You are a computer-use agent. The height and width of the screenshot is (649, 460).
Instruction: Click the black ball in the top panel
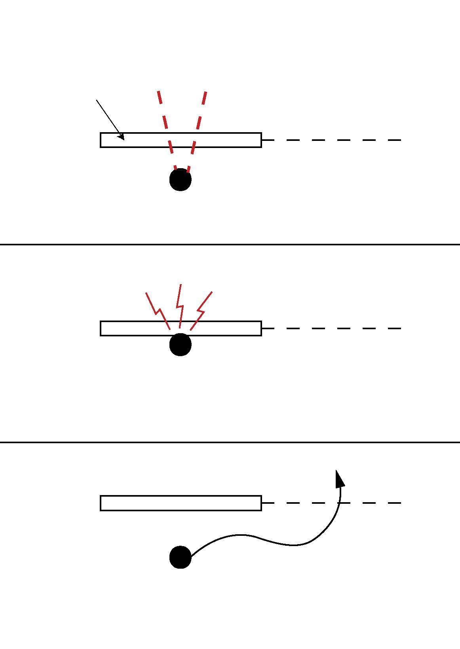coord(181,180)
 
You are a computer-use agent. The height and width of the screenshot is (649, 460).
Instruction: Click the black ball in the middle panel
coord(181,345)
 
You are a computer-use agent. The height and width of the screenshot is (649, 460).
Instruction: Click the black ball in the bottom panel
coord(181,557)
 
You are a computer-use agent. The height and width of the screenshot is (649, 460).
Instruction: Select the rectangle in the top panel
coord(222,140)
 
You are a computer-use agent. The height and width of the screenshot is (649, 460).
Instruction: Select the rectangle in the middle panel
coord(230,328)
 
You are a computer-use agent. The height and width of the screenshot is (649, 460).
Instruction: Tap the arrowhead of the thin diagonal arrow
coord(122,137)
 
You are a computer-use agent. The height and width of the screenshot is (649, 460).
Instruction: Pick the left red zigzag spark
coord(158,311)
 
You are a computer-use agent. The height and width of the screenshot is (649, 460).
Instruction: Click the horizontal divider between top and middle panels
coord(230,245)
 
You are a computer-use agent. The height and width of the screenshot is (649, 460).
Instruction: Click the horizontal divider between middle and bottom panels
coord(230,442)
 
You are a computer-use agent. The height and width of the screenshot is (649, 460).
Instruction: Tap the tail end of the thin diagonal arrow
coord(97,101)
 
